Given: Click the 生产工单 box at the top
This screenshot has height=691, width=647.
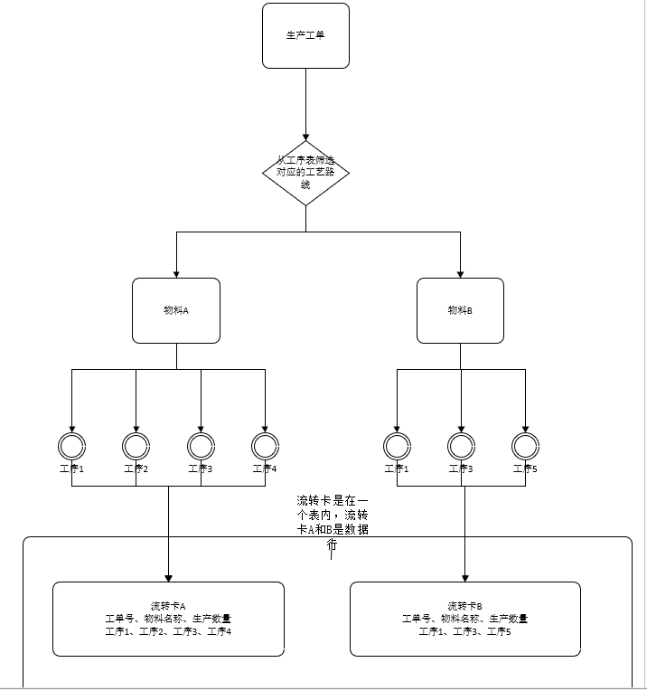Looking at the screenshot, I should click(x=305, y=35).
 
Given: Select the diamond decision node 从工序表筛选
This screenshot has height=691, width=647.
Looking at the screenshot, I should click(x=305, y=172).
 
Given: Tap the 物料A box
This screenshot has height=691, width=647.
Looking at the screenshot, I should click(x=176, y=310).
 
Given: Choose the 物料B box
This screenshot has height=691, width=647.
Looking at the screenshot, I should click(x=460, y=310).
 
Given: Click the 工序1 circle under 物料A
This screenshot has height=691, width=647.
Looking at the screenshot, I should click(x=71, y=445).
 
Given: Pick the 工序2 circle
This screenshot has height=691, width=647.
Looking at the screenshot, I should click(x=136, y=445).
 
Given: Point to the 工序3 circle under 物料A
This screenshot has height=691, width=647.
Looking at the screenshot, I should click(x=201, y=445).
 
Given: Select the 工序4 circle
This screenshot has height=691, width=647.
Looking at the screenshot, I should click(x=265, y=445).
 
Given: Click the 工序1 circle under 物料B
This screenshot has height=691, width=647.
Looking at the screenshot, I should click(x=396, y=445).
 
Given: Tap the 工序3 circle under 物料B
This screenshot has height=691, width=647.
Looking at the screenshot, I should click(x=461, y=445).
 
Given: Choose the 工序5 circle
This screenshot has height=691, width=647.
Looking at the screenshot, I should click(x=525, y=445).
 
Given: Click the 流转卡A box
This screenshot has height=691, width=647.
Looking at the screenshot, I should click(x=168, y=619).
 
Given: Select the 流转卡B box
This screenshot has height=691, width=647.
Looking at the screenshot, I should click(x=464, y=619).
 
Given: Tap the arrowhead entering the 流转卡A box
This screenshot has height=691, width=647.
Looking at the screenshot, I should click(x=168, y=576).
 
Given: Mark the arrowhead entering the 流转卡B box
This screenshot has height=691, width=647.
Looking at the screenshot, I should click(x=464, y=576).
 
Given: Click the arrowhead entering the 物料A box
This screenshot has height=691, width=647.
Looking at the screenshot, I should click(x=176, y=272).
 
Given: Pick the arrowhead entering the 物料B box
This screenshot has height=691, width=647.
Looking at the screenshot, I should click(x=460, y=272).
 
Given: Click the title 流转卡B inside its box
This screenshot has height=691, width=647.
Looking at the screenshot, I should click(x=464, y=606).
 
